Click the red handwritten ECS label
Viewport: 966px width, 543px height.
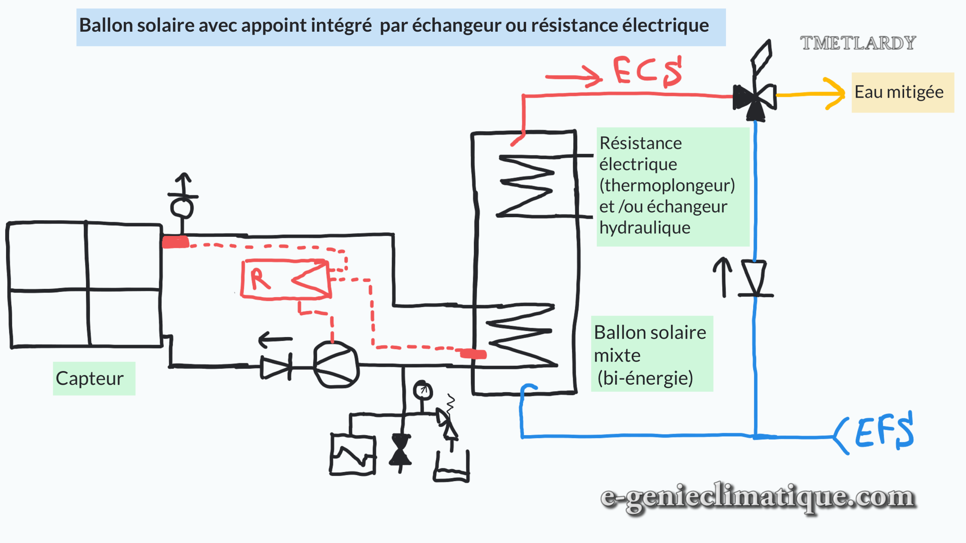tap(648, 71)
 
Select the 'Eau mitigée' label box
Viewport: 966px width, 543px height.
tap(902, 92)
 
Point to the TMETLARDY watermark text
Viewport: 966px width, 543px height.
tap(858, 43)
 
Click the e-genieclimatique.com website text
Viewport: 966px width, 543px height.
tap(758, 497)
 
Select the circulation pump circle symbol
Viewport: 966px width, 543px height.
tap(336, 365)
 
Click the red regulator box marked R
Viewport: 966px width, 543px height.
tap(286, 279)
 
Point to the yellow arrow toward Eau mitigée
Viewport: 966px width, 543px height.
tap(811, 94)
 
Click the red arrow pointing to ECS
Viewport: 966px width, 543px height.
tap(574, 77)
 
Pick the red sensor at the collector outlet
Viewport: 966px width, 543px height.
tap(175, 242)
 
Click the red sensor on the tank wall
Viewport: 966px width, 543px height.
tap(473, 353)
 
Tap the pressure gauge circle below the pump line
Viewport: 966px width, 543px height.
tap(422, 390)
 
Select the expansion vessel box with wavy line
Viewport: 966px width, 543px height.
tap(353, 455)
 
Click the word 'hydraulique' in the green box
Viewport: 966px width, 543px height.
tap(645, 228)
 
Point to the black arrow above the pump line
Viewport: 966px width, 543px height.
tap(275, 339)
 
